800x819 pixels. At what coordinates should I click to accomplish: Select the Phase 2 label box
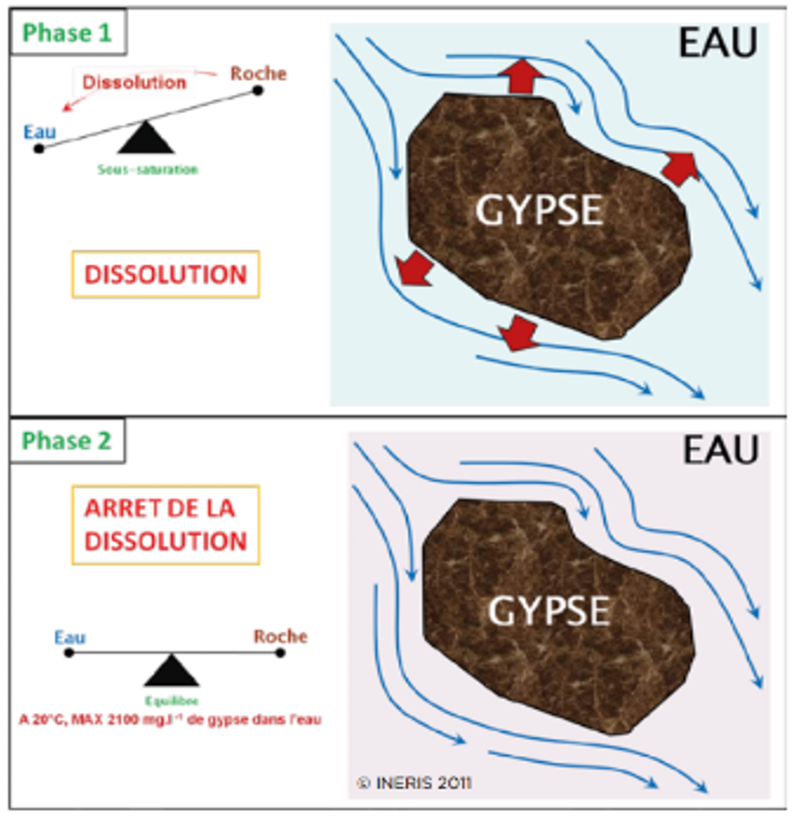pos(68,442)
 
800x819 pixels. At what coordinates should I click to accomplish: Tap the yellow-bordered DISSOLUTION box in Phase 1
pos(165,275)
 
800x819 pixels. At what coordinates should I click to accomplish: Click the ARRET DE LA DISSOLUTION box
pos(165,524)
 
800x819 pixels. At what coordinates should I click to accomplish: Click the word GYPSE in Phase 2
pos(548,611)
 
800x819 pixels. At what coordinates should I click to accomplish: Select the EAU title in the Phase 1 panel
pos(717,44)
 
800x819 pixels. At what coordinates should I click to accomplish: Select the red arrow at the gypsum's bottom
pos(519,332)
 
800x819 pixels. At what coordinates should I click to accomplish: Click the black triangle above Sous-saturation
pos(145,140)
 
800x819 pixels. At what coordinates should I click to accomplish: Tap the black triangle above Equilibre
pos(172,669)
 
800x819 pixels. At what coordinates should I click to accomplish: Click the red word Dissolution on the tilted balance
pos(134,82)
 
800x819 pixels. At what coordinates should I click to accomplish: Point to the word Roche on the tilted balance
pos(257,73)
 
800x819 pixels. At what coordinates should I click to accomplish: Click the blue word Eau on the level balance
pos(69,637)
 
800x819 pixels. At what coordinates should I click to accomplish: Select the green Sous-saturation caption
pos(147,170)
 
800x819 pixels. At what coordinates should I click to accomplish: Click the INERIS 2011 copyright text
pos(414,784)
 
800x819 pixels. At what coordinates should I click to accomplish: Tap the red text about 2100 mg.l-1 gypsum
pos(170,720)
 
